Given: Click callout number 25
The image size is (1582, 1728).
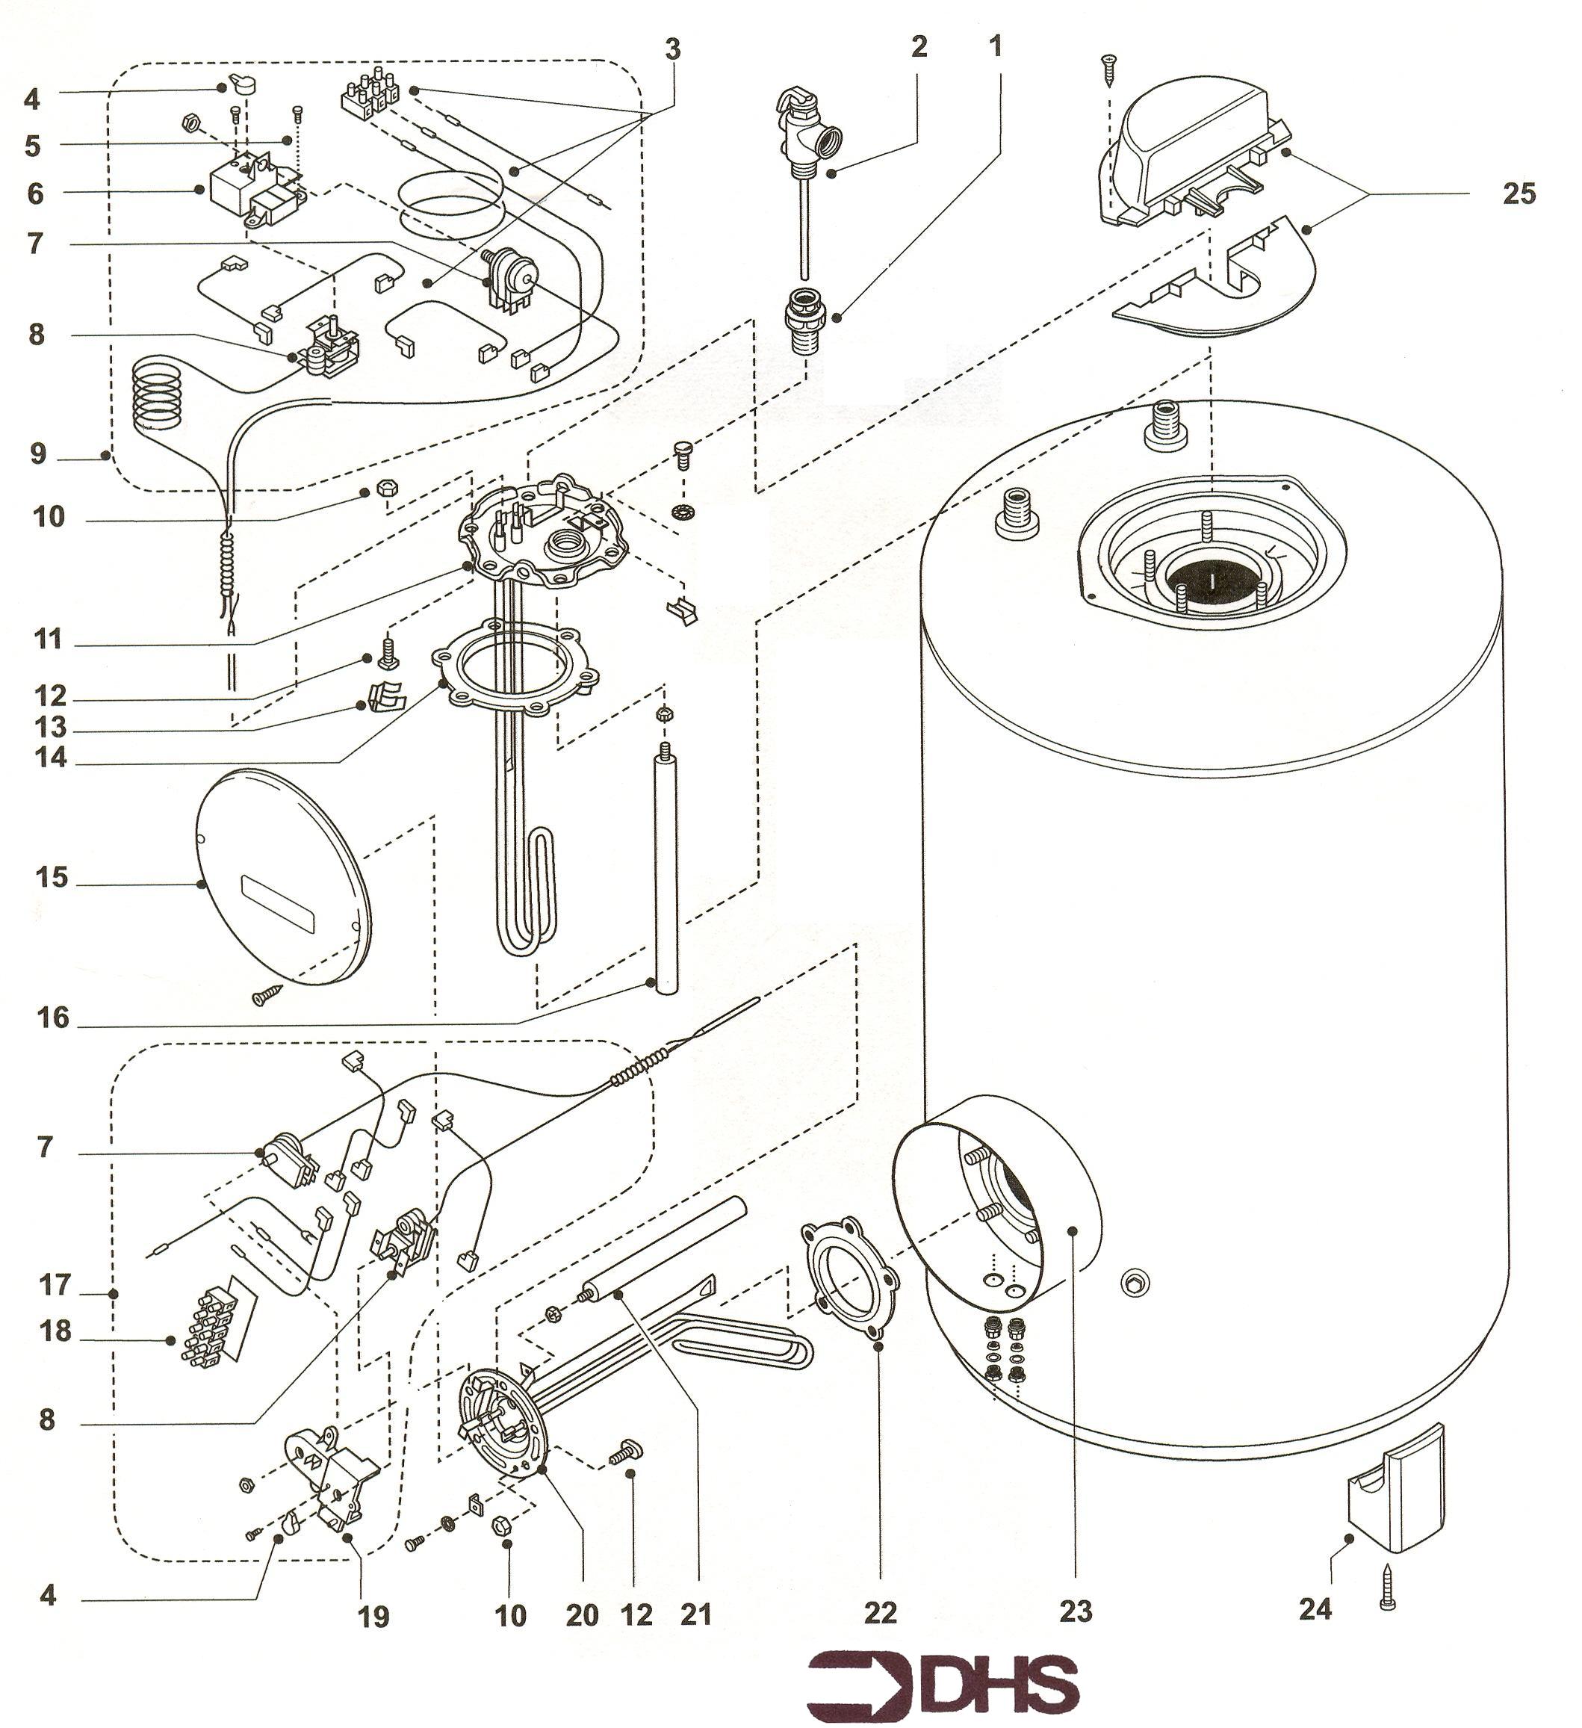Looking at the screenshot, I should coord(1519,193).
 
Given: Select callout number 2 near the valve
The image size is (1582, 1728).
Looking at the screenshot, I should coord(919,46).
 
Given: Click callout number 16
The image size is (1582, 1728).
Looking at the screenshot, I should coord(52,1018).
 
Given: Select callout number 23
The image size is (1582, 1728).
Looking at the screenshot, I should coord(1076,1612).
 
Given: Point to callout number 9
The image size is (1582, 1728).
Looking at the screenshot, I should coord(37,453).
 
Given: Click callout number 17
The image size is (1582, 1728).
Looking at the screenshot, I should coord(53,1286).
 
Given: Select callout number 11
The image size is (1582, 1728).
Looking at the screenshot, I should coord(48,640).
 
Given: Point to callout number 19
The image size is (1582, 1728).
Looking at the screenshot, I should coord(373,1617).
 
